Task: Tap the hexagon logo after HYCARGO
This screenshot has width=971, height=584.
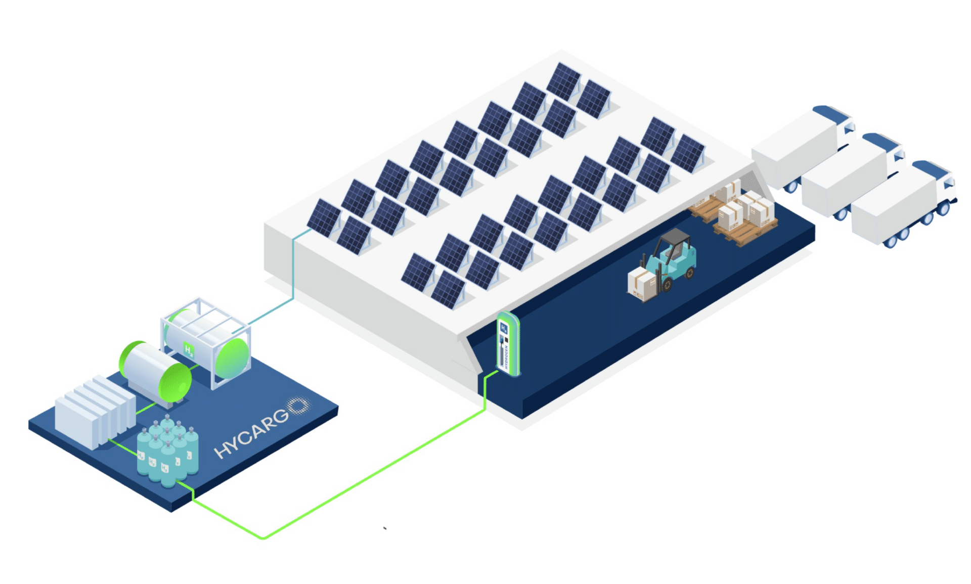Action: pos(298,405)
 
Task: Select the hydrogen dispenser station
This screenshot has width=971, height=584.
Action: pos(508,344)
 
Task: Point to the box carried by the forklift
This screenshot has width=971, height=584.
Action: pos(641,285)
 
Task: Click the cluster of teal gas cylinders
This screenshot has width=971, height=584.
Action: pos(167,450)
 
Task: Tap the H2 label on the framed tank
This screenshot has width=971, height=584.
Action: pos(189,350)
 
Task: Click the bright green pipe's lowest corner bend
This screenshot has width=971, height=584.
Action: pos(263,537)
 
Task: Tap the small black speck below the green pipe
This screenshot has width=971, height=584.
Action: pos(385,528)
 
